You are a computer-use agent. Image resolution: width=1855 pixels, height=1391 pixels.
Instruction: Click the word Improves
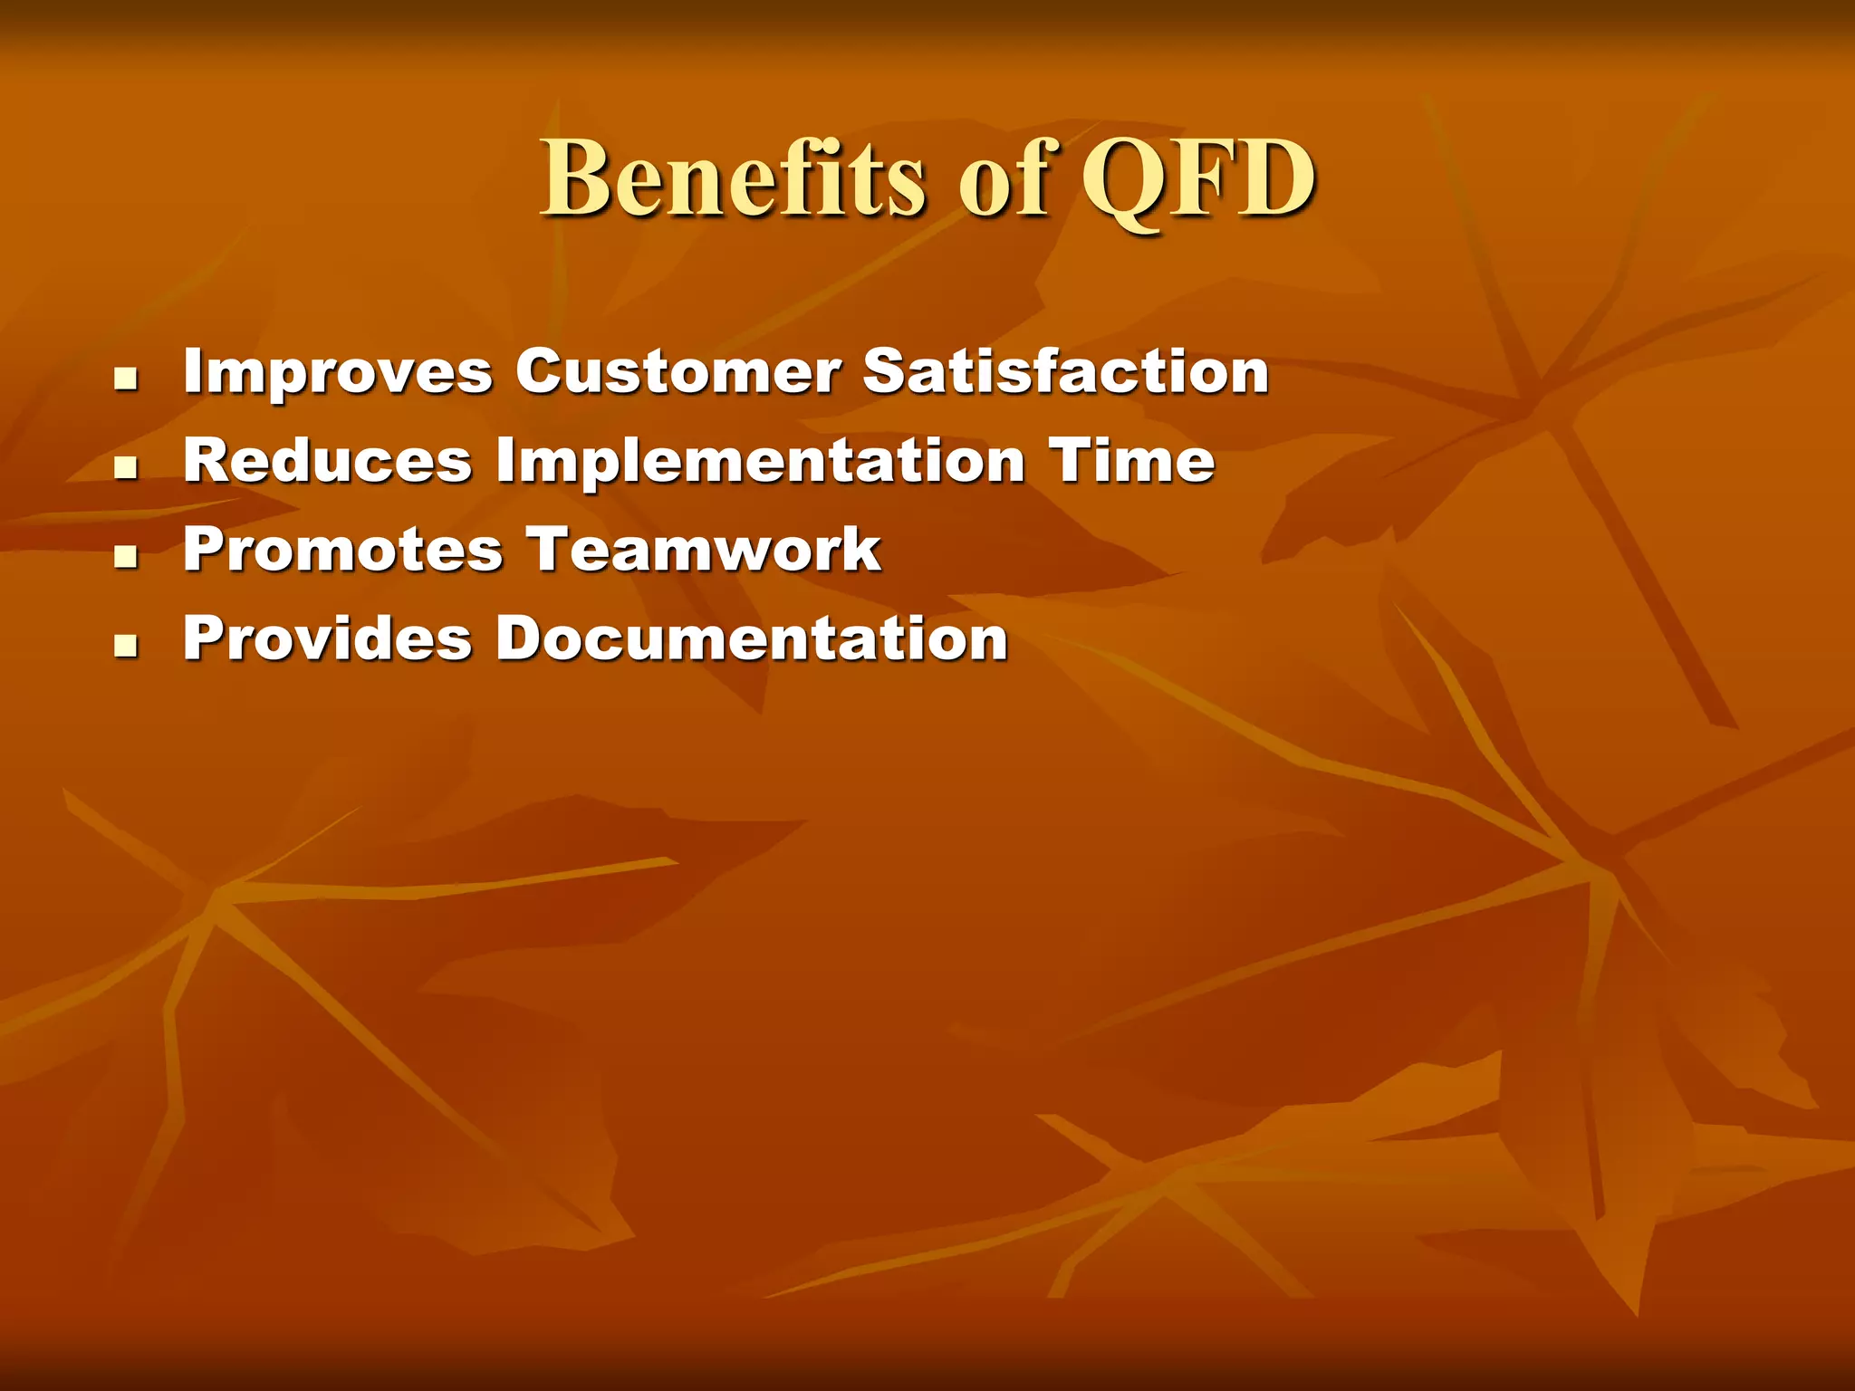[338, 372]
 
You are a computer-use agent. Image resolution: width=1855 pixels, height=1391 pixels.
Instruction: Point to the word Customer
[678, 372]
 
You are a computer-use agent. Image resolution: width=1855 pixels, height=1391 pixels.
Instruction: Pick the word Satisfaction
[1065, 372]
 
